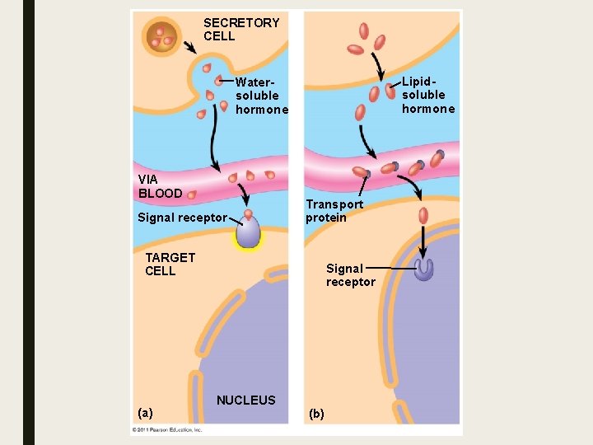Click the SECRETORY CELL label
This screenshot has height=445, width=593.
(x=240, y=29)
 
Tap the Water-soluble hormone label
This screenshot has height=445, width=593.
(x=261, y=96)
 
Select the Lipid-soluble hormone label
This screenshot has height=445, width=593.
(x=427, y=96)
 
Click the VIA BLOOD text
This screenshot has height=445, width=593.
(x=160, y=185)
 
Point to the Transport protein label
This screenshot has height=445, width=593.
(x=334, y=210)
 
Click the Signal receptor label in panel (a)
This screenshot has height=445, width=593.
(x=182, y=218)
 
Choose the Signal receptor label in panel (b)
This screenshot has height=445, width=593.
(x=350, y=274)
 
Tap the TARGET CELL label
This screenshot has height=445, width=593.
(x=170, y=264)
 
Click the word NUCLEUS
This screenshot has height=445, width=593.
(x=245, y=400)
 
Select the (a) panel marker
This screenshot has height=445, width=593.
(x=146, y=412)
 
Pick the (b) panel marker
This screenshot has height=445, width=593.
(x=316, y=413)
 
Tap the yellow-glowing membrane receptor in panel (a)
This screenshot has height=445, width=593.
(x=248, y=232)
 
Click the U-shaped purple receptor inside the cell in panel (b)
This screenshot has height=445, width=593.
(x=424, y=269)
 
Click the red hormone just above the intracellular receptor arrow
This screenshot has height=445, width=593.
(x=423, y=216)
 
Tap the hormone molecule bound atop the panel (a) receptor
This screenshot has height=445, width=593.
(x=248, y=213)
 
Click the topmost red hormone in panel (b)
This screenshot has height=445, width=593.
(x=364, y=30)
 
